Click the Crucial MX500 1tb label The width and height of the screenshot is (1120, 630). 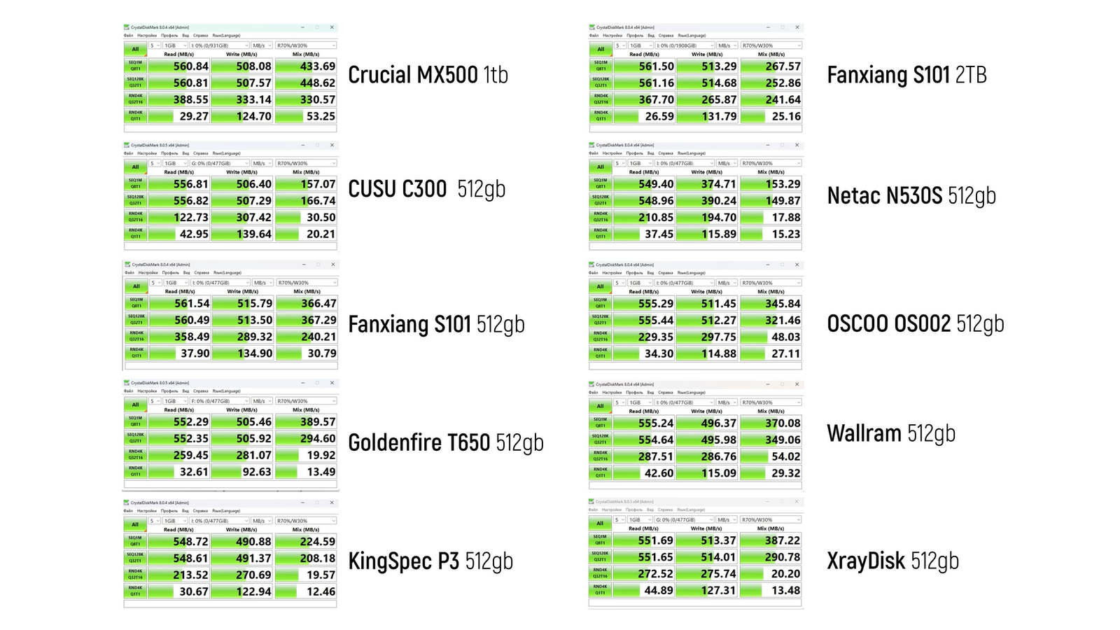(428, 75)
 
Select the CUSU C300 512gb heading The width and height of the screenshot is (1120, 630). (426, 189)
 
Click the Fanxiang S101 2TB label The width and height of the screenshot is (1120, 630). (906, 75)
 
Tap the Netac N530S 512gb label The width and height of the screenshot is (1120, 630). (911, 196)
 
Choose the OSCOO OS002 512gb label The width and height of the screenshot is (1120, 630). (916, 323)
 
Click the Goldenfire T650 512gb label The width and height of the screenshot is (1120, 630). (445, 442)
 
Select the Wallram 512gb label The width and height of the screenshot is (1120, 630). (891, 433)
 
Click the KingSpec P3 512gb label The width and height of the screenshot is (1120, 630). (430, 561)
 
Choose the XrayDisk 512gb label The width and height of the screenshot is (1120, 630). (892, 561)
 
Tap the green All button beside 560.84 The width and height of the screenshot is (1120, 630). (135, 49)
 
